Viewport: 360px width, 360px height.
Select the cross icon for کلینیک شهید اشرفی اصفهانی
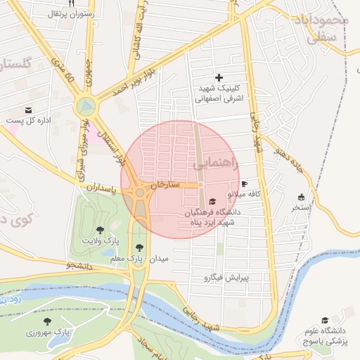pyautogui.click(x=219, y=77)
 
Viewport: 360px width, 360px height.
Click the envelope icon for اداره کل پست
pyautogui.click(x=28, y=110)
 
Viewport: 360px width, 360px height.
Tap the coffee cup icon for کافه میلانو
pyautogui.click(x=244, y=184)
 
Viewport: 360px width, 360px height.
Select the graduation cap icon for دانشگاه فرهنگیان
pyautogui.click(x=213, y=201)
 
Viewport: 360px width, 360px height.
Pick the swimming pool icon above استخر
pyautogui.click(x=302, y=198)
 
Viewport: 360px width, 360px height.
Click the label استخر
pyautogui.click(x=302, y=207)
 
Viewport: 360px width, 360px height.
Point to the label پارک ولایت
pyautogui.click(x=100, y=240)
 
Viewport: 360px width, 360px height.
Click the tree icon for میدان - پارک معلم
pyautogui.click(x=139, y=247)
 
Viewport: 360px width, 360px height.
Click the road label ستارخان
pyautogui.click(x=169, y=186)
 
